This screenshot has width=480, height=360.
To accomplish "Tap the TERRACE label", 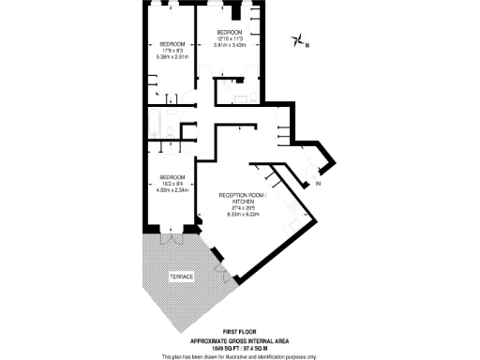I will click(182, 279).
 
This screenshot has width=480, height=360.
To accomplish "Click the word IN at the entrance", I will click(318, 183).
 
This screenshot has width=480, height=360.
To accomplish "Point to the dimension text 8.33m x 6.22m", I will click(242, 215).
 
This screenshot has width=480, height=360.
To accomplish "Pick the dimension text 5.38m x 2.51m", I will click(172, 56).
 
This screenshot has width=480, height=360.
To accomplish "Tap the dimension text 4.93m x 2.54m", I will click(172, 190).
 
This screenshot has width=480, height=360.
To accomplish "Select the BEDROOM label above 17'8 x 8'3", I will click(172, 43).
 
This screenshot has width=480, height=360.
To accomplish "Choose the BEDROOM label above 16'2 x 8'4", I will click(172, 177).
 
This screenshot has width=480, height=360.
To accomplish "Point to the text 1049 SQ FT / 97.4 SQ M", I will click(239, 346).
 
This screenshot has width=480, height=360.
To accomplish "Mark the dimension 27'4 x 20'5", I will click(242, 208).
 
